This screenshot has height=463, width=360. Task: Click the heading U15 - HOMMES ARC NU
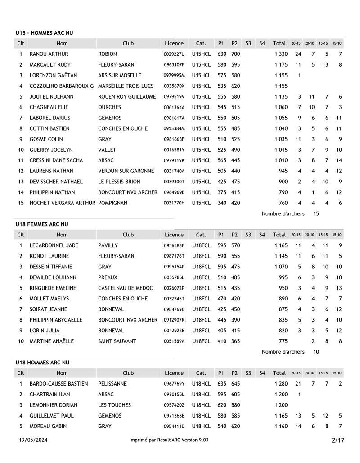tap(44, 33)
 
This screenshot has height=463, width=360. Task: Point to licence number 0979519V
tap(174, 97)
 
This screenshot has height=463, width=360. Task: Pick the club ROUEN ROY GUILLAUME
tap(127, 97)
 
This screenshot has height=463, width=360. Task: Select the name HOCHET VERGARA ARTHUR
tap(63, 203)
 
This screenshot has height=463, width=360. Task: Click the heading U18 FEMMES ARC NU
tap(42, 224)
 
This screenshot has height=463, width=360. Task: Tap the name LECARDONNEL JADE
tap(54, 245)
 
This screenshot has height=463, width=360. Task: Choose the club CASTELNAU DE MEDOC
tap(125, 288)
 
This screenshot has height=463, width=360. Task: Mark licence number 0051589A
tap(174, 341)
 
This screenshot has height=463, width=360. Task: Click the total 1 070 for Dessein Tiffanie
tap(281, 267)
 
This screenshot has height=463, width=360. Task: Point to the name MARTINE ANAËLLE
tap(52, 341)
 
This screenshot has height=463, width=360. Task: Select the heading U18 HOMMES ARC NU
tap(42, 363)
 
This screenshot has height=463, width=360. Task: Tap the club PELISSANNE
tap(112, 384)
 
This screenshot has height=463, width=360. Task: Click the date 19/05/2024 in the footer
tap(33, 440)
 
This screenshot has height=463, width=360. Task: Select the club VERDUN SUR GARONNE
tap(126, 171)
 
